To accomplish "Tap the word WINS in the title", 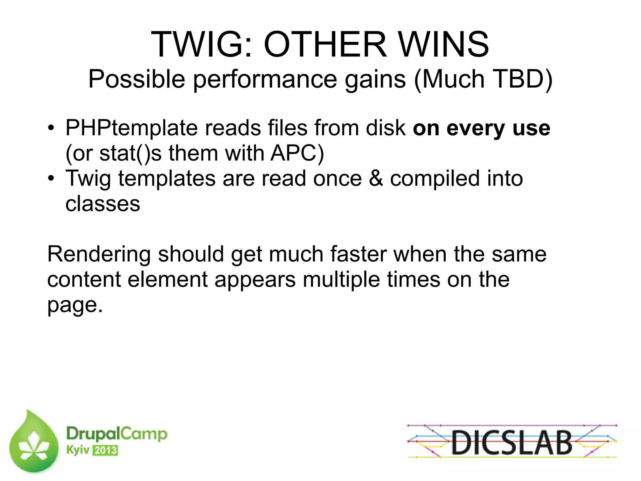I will coord(444,44).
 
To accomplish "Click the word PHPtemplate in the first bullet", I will coord(132,128).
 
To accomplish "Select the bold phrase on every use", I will coord(481,128).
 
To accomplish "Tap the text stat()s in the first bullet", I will coord(131,153).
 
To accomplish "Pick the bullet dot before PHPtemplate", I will coord(51,129).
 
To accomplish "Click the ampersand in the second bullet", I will coord(376,178).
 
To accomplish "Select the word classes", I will coord(103,204).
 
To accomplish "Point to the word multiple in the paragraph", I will coord(341,279).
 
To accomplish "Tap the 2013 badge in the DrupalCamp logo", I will coord(105,451).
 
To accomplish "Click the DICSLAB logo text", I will coord(512,443).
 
